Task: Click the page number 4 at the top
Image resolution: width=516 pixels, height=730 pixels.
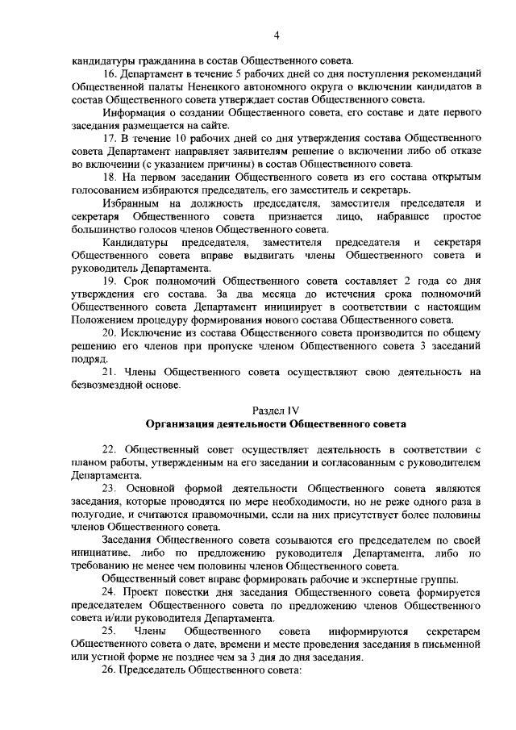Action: (276, 34)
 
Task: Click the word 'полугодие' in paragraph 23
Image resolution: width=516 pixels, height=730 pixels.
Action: (96, 514)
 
